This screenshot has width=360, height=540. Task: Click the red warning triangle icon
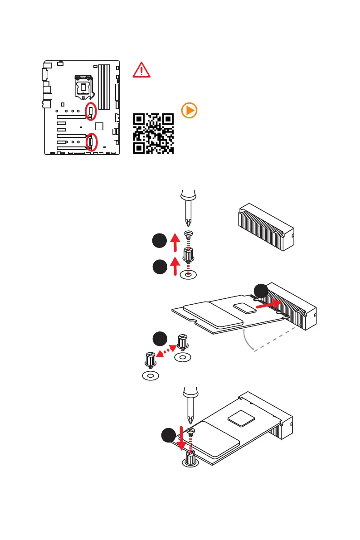tap(141, 70)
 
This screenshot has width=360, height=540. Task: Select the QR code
tap(154, 133)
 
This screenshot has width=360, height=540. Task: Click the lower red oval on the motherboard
tap(91, 141)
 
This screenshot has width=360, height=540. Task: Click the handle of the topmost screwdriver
tap(188, 196)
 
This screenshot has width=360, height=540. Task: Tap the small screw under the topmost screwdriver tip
tap(189, 234)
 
